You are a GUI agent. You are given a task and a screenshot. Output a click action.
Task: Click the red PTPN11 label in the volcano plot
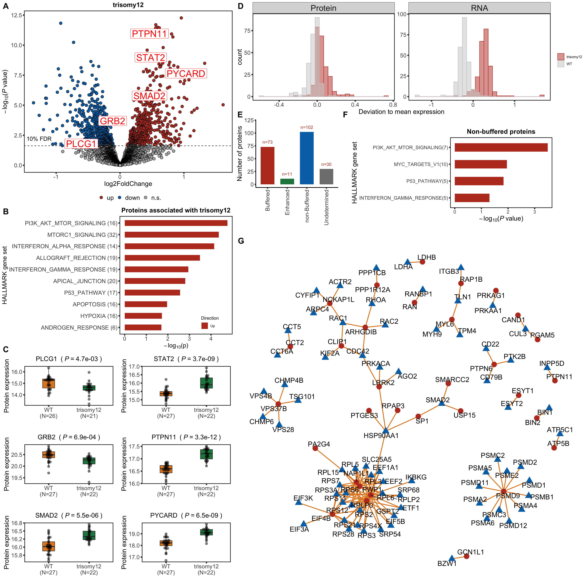tap(149, 34)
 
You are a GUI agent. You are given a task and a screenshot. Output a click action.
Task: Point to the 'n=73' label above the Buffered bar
tap(267, 142)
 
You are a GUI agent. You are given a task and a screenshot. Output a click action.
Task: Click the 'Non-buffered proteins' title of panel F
tap(501, 132)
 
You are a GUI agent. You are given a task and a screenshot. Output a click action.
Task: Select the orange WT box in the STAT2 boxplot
tap(166, 394)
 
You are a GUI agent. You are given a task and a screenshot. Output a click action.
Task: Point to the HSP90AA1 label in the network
tap(381, 435)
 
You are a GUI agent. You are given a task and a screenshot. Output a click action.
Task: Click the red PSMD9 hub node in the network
tap(503, 491)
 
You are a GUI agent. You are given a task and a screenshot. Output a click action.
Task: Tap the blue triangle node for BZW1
tap(452, 558)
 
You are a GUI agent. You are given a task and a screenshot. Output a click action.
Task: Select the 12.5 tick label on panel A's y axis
tap(16, 15)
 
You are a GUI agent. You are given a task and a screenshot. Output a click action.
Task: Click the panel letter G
tap(241, 241)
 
